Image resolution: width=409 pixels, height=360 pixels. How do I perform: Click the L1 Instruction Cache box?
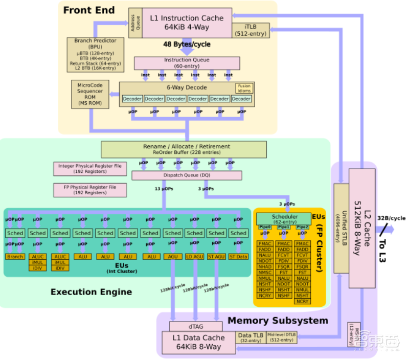tap(187, 22)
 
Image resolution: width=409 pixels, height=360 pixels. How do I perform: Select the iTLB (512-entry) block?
tap(251, 30)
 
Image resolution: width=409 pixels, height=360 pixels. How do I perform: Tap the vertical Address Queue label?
tap(135, 22)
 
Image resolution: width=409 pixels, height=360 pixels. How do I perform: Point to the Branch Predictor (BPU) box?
tap(95, 54)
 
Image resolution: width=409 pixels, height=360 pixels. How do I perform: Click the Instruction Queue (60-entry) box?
tap(187, 63)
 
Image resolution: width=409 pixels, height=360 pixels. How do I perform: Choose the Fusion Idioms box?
tap(244, 88)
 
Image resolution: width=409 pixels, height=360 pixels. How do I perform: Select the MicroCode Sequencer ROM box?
tap(90, 94)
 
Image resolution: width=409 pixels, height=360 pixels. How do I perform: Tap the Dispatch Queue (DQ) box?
tap(187, 175)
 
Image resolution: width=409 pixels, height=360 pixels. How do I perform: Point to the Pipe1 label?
tap(284, 227)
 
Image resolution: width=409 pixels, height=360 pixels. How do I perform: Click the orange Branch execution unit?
tap(15, 256)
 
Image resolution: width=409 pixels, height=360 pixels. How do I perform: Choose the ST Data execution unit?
tap(238, 256)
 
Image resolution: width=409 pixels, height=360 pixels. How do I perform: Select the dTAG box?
tap(196, 326)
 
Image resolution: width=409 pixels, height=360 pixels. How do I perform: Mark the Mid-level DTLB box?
tap(281, 337)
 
